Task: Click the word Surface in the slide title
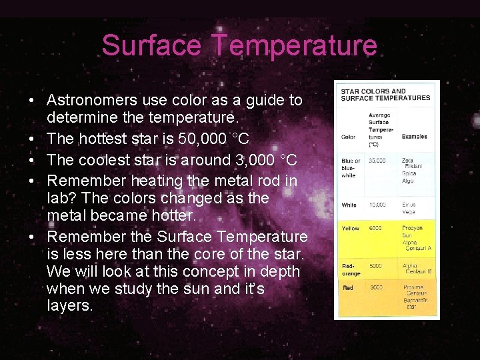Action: (152, 45)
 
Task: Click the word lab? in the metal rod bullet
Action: (63, 199)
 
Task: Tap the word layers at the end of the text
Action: (69, 306)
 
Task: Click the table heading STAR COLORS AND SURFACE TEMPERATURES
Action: (385, 95)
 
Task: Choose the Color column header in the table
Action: (348, 137)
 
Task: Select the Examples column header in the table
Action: (414, 137)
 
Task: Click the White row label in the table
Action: (349, 205)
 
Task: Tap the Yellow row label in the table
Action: (350, 228)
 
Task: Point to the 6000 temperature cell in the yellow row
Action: (377, 228)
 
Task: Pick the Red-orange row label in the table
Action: (351, 269)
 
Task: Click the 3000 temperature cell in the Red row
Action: (377, 287)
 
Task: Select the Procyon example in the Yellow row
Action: (413, 228)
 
